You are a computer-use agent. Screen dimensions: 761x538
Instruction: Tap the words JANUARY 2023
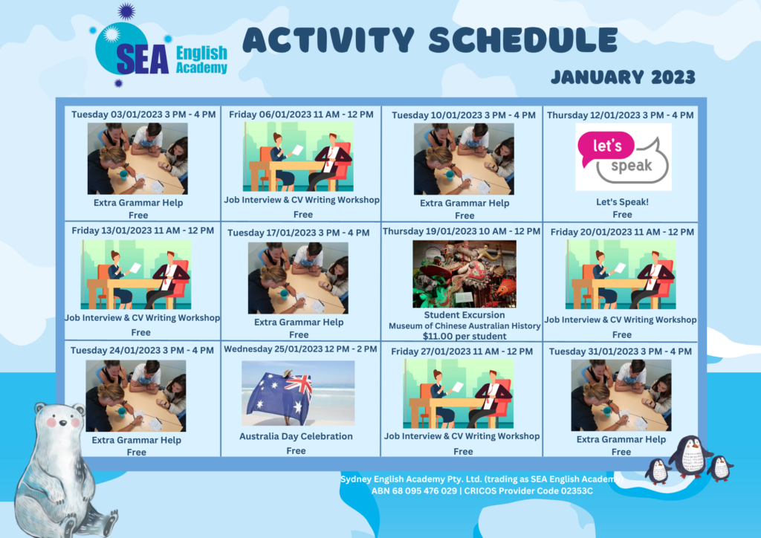pyautogui.click(x=624, y=77)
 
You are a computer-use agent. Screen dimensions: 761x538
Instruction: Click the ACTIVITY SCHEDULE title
pyautogui.click(x=430, y=40)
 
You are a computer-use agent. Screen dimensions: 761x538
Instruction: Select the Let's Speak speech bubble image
pyautogui.click(x=624, y=157)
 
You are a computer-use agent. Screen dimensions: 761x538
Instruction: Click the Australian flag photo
pyautogui.click(x=298, y=393)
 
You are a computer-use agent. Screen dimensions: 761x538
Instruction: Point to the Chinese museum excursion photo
pyautogui.click(x=464, y=273)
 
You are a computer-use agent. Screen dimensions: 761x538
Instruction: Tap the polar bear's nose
pyautogui.click(x=62, y=423)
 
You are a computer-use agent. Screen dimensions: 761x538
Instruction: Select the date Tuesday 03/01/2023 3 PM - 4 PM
pyautogui.click(x=143, y=114)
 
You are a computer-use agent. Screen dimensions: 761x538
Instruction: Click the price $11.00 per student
pyautogui.click(x=464, y=336)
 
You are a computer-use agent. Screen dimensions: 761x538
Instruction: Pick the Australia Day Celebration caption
pyautogui.click(x=296, y=436)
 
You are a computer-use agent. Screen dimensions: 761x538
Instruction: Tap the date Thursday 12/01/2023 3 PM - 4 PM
pyautogui.click(x=621, y=115)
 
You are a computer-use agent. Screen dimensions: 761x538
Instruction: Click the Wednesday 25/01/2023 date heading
pyautogui.click(x=300, y=349)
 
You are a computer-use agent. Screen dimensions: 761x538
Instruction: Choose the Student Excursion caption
pyautogui.click(x=464, y=315)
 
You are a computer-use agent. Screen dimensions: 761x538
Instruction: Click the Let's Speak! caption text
pyautogui.click(x=622, y=202)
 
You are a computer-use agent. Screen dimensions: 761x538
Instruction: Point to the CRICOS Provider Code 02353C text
pyautogui.click(x=528, y=491)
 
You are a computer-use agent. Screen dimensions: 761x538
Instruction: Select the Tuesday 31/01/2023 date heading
pyautogui.click(x=621, y=351)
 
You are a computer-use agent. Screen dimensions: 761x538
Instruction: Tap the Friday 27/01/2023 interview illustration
pyautogui.click(x=458, y=393)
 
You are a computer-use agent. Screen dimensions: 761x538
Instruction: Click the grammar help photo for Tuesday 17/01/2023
pyautogui.click(x=298, y=278)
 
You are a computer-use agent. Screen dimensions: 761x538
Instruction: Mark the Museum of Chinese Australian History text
pyautogui.click(x=464, y=326)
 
